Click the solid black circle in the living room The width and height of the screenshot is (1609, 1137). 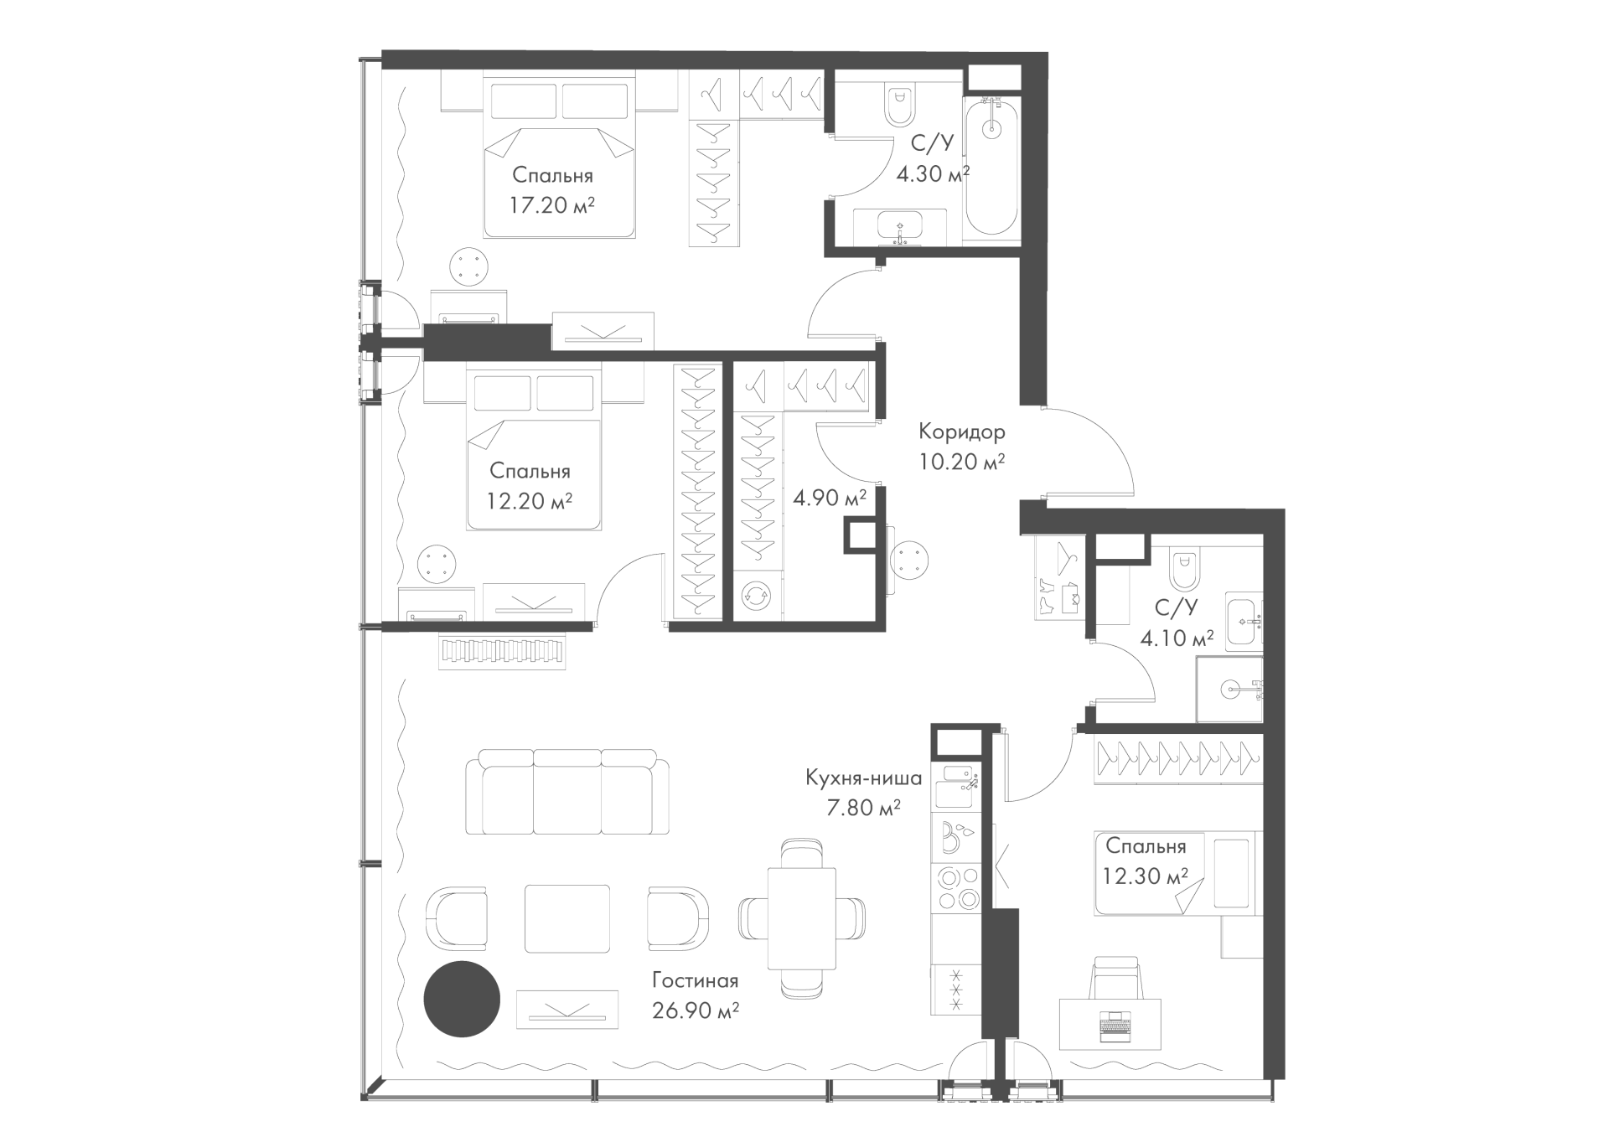pyautogui.click(x=462, y=1000)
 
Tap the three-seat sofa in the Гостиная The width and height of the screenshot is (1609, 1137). pyautogui.click(x=568, y=792)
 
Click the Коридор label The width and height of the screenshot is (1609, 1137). pyautogui.click(x=961, y=432)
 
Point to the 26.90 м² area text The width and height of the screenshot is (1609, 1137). pyautogui.click(x=696, y=1011)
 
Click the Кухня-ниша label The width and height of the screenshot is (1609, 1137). pyautogui.click(x=863, y=778)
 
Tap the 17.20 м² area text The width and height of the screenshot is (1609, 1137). pyautogui.click(x=553, y=205)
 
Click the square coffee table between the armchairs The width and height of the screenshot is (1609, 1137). pyautogui.click(x=567, y=918)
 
